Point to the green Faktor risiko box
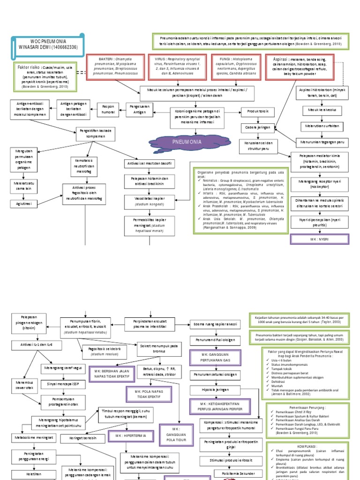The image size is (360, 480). (x=45, y=77)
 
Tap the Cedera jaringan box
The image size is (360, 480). (x=258, y=127)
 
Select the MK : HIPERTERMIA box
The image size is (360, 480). (x=132, y=436)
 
